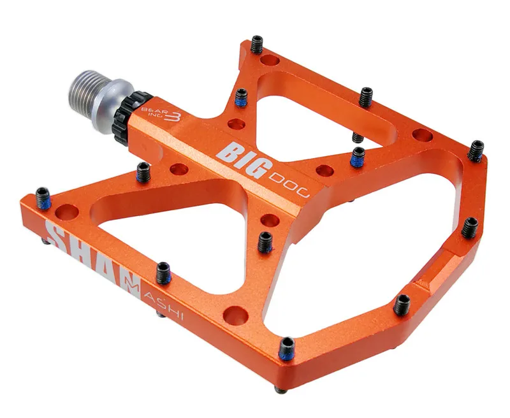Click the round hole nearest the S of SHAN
(63, 210)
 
